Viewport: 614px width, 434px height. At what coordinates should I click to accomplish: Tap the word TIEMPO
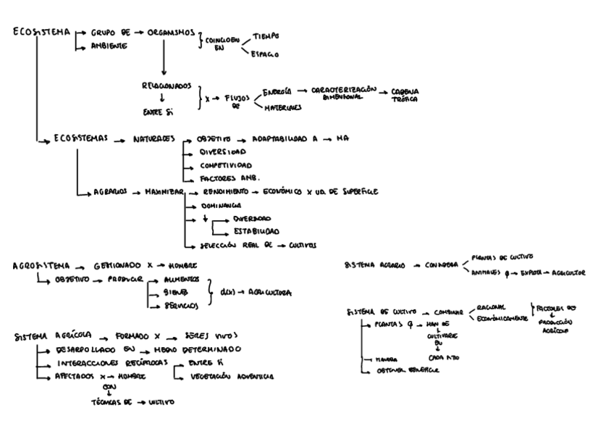(265, 36)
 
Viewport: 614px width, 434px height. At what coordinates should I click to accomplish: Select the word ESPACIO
(265, 54)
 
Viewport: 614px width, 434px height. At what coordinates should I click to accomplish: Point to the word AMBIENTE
(109, 46)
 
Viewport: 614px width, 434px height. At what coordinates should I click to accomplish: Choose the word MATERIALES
(280, 107)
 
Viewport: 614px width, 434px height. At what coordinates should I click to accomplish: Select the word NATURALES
(153, 138)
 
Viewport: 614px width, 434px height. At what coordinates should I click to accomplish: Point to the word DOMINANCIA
(220, 206)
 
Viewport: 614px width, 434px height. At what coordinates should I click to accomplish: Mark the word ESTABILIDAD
(256, 232)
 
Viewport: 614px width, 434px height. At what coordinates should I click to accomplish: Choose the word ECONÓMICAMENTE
(503, 318)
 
